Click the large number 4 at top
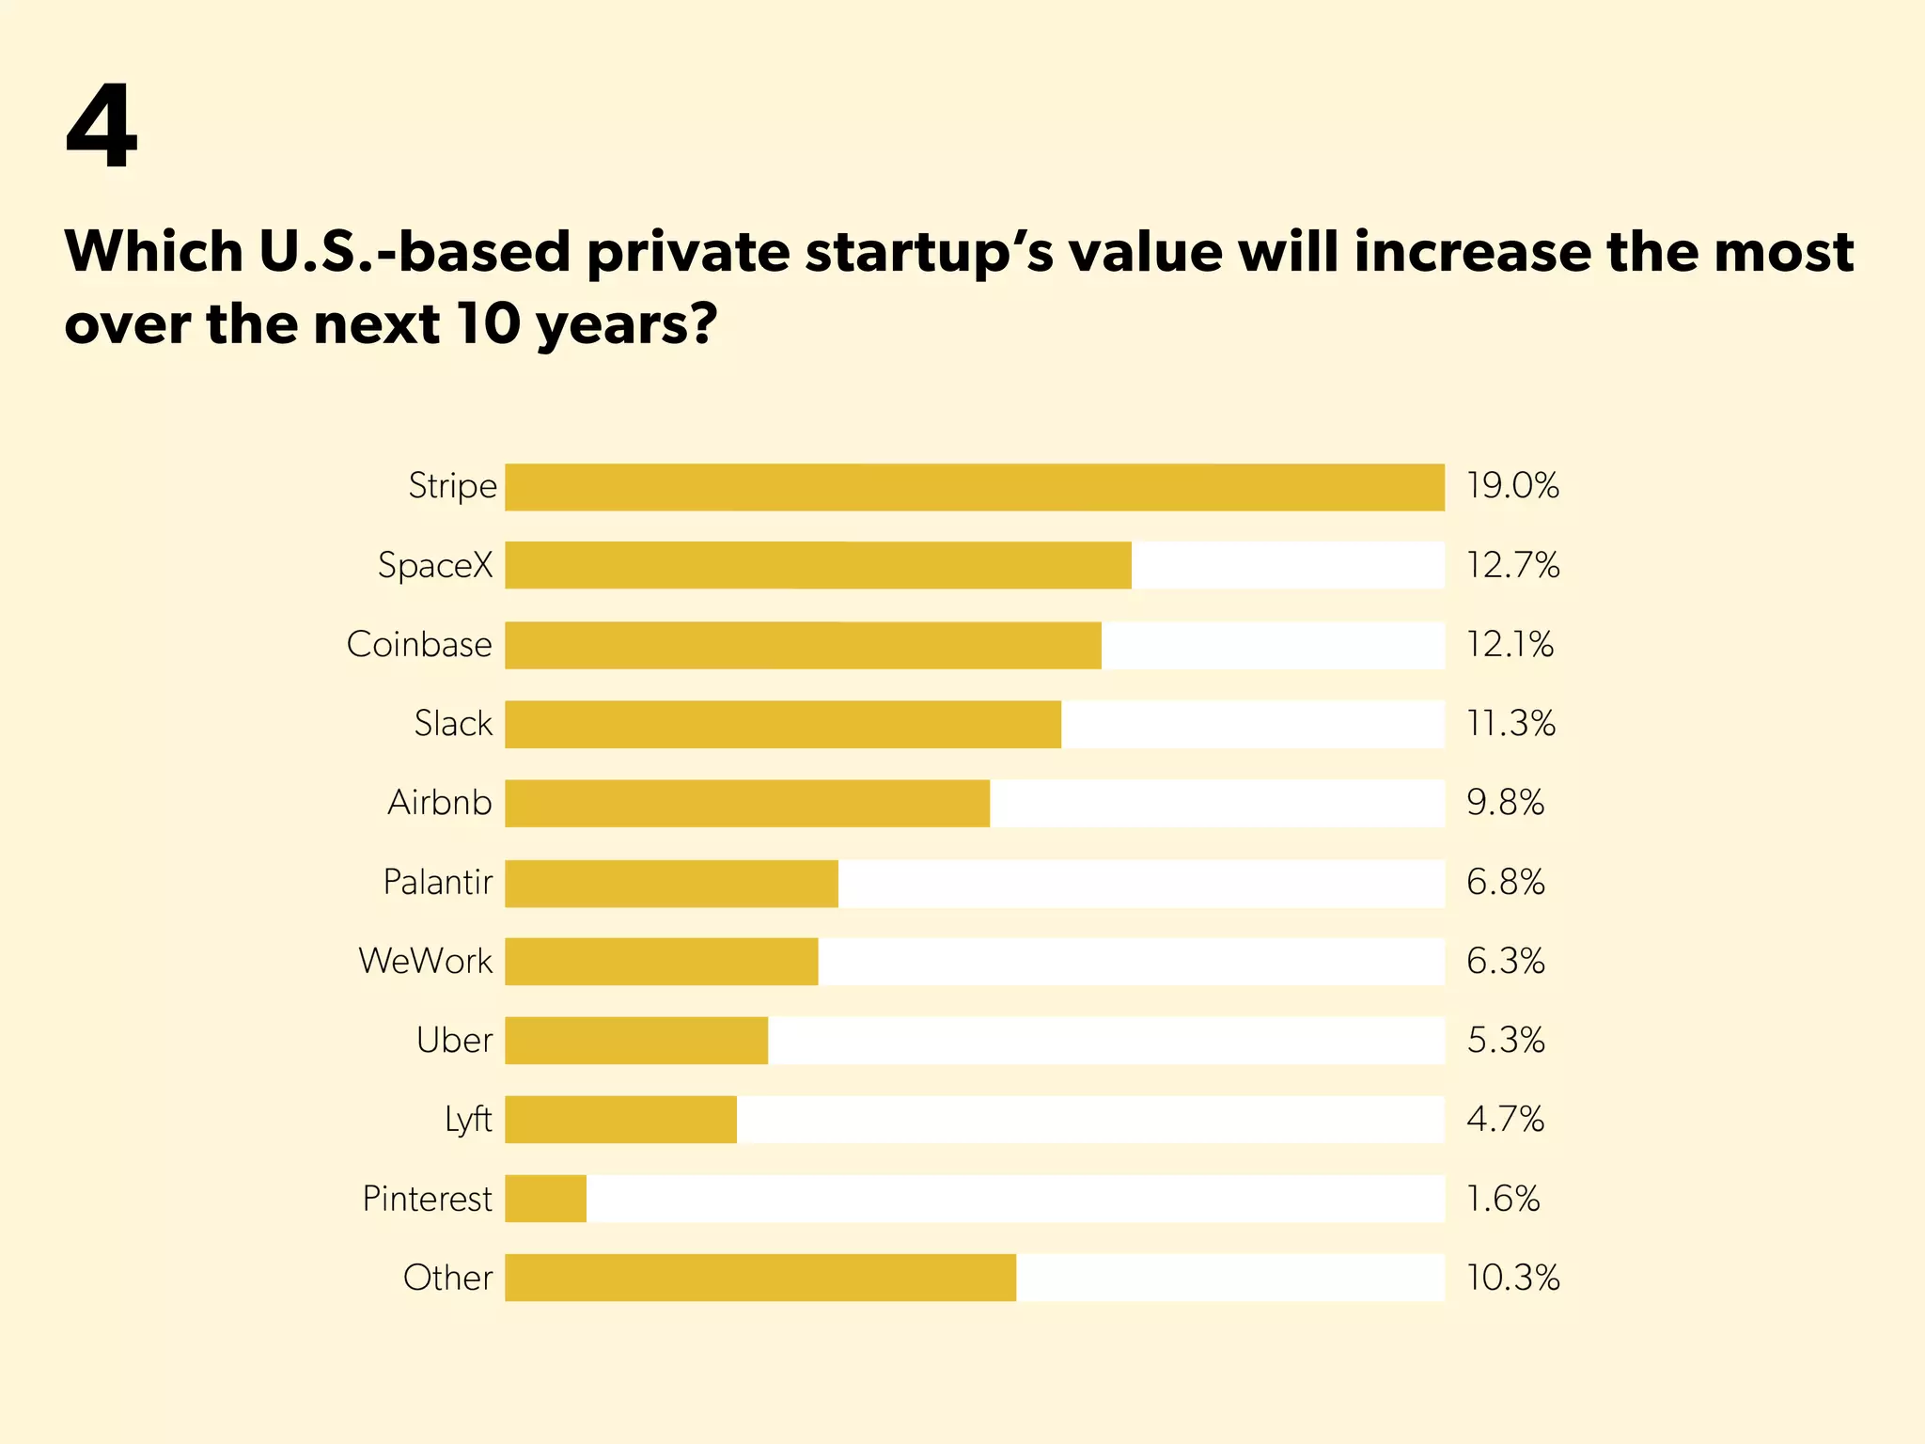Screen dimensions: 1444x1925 coord(102,127)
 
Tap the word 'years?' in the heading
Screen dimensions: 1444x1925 coord(627,325)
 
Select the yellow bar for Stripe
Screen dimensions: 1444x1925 coord(974,487)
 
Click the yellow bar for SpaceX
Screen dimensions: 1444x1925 coord(818,565)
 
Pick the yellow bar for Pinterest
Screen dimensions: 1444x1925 coord(545,1199)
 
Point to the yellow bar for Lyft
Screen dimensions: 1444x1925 coord(620,1120)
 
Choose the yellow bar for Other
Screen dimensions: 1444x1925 coord(759,1278)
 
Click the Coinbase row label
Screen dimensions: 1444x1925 coord(419,645)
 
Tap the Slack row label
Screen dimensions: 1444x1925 coord(453,724)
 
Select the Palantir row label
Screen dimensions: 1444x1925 coord(438,882)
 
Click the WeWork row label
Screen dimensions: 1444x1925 coord(426,961)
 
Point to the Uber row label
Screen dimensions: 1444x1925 coord(454,1041)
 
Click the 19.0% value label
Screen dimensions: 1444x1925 coord(1512,486)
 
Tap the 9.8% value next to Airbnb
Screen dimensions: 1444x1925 coord(1505,803)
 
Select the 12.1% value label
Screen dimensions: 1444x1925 coord(1510,645)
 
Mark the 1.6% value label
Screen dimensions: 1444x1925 coord(1503,1199)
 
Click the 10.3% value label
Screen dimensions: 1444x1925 coord(1512,1278)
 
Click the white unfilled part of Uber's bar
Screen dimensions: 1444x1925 coord(1105,1041)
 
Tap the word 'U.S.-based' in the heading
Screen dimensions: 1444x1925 coord(415,252)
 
